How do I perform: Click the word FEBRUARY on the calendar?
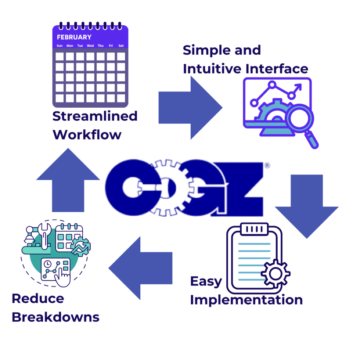click(74, 37)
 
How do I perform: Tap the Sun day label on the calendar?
click(60, 46)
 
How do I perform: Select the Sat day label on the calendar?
click(121, 46)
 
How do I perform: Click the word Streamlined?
click(95, 116)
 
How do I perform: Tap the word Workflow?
click(87, 134)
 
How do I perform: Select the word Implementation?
click(246, 300)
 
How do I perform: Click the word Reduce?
click(38, 298)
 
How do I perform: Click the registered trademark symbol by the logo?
click(267, 166)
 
